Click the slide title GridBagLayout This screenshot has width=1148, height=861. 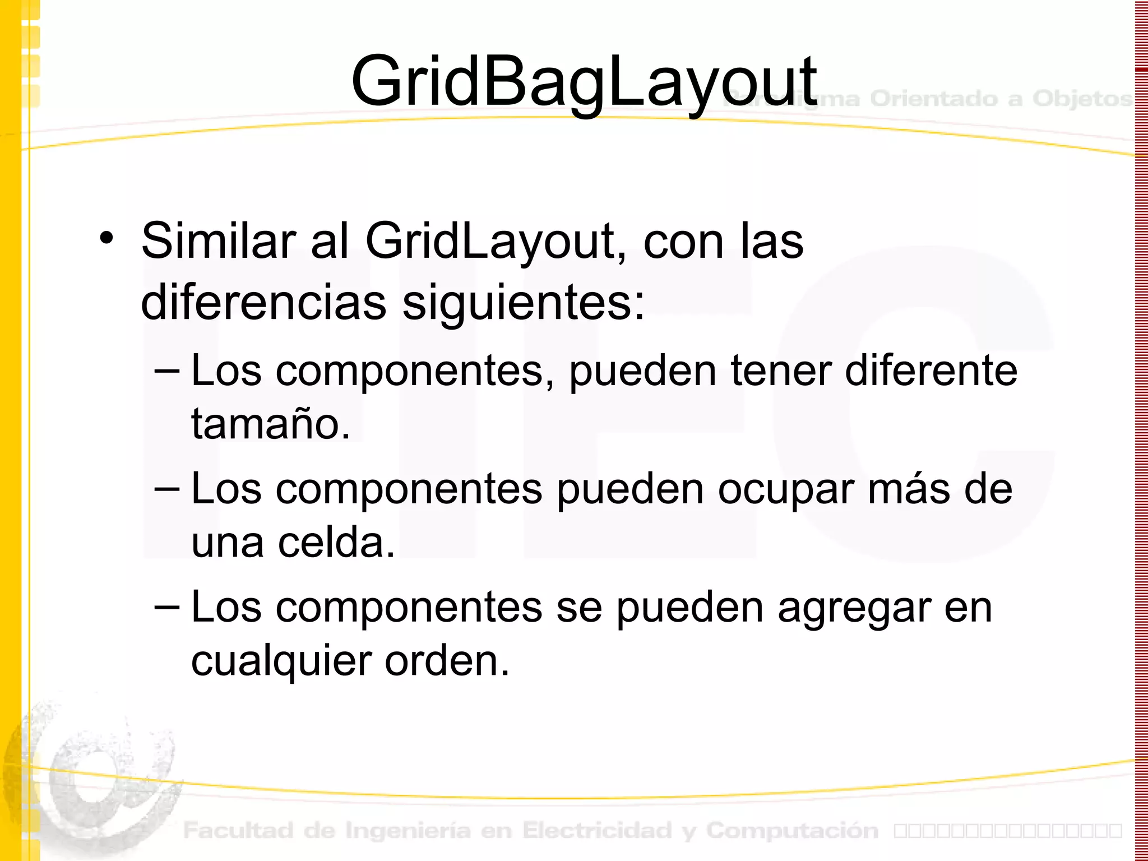pos(584,82)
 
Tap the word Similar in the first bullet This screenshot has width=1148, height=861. pos(218,241)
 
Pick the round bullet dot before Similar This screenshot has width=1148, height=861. pos(106,238)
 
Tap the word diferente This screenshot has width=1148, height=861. pos(931,371)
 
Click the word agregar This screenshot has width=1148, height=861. pos(854,608)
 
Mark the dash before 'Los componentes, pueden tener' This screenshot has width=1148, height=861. pos(167,371)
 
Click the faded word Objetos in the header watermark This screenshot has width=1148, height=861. pos(1081,99)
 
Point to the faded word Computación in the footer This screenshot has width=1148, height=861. pos(792,830)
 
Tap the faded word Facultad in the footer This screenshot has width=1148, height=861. pos(238,830)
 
